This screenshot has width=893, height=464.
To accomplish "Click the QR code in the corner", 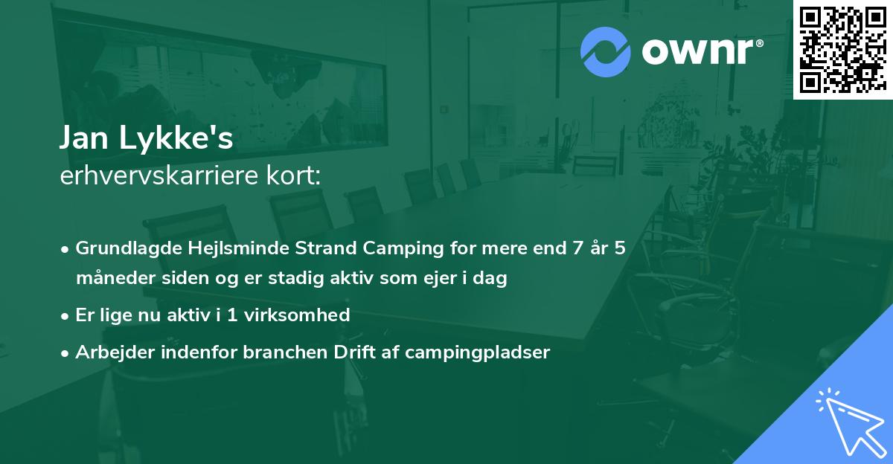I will point(842,49).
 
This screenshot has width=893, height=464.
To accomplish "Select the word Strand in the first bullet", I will point(299,248).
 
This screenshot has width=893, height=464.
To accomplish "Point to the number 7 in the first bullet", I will point(577,248).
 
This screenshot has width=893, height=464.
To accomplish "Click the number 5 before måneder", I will point(620,248).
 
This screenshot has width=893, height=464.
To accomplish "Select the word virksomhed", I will point(307,315).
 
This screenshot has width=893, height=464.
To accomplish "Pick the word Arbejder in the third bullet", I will point(109,352).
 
